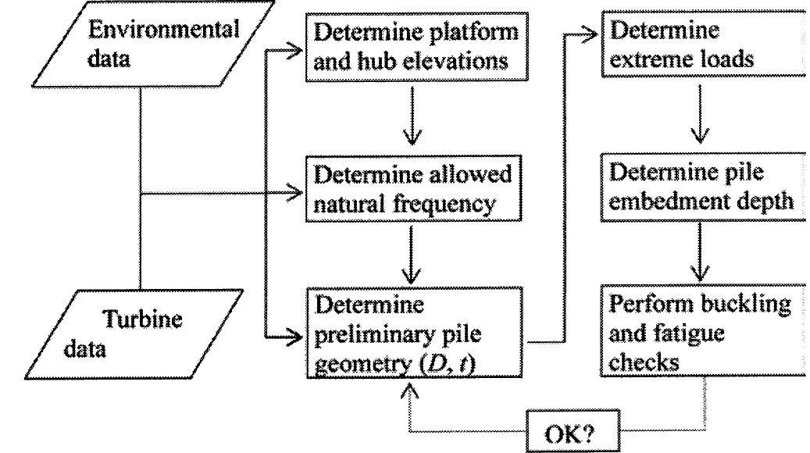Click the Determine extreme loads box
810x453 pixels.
click(x=703, y=46)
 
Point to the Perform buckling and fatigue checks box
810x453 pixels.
click(x=703, y=336)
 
